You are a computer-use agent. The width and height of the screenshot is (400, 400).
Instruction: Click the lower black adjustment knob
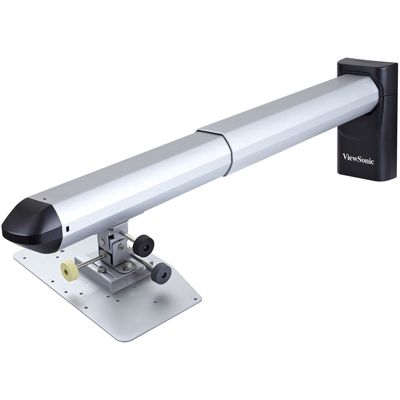click(161, 273)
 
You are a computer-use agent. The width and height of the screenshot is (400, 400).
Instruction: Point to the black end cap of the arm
click(31, 227)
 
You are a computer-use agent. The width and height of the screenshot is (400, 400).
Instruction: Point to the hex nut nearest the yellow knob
click(102, 268)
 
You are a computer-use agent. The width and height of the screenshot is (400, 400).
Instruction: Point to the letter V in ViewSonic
click(345, 156)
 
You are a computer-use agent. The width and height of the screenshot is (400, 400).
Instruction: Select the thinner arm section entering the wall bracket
click(302, 116)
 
